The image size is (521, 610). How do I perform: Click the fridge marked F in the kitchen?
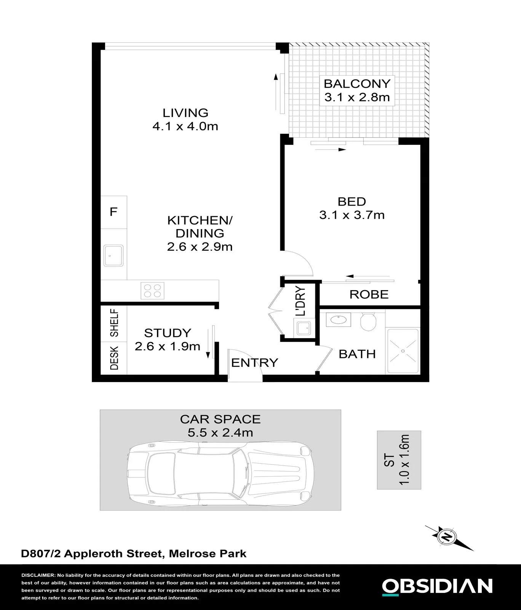(x=113, y=212)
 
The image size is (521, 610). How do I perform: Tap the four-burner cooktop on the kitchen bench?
(x=153, y=291)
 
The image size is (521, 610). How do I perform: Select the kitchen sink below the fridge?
(x=113, y=255)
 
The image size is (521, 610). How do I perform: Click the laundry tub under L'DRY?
(x=303, y=327)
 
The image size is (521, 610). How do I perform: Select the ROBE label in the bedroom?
(x=369, y=295)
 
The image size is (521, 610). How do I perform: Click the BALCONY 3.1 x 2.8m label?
(x=357, y=90)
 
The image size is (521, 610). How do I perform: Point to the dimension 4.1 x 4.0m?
(x=185, y=126)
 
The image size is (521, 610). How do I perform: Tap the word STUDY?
(x=168, y=333)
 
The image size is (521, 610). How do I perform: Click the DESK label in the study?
(x=114, y=358)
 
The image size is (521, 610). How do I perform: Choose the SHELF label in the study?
(x=114, y=323)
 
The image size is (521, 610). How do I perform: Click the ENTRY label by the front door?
(x=255, y=363)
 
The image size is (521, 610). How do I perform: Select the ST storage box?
(x=399, y=460)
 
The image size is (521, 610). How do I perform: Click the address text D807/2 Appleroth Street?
(x=91, y=554)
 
